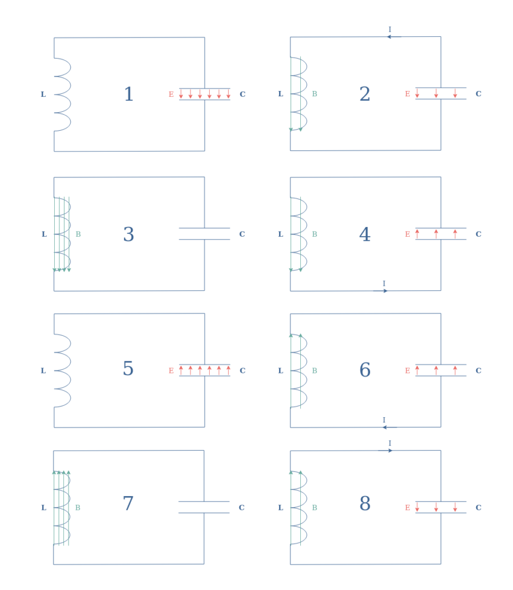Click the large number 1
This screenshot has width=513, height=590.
coord(129,94)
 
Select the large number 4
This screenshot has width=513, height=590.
coord(365,234)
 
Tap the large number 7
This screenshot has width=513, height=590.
coord(128,503)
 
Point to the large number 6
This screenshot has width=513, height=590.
coord(365,369)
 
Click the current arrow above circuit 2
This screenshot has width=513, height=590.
coord(394,37)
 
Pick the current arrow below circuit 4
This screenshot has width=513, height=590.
coord(380,291)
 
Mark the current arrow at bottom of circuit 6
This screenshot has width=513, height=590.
coord(390,428)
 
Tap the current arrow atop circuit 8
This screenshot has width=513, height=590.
coord(386,451)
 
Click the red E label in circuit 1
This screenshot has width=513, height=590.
coord(171,94)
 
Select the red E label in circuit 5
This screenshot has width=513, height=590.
coord(171,370)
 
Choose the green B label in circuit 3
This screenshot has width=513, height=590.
coord(78,234)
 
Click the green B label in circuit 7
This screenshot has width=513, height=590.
coord(78,508)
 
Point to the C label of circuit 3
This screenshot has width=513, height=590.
coord(242,234)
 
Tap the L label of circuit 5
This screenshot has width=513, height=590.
coord(43,370)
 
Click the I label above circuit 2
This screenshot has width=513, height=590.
coord(390,29)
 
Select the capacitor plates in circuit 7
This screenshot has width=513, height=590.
coord(204,507)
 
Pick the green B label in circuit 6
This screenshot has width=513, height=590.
coord(315,370)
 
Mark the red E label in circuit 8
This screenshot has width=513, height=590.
coord(408,508)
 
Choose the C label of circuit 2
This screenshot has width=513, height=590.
coord(478,94)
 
